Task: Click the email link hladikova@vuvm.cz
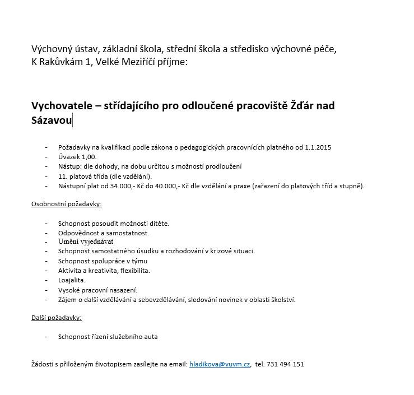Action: point(220,364)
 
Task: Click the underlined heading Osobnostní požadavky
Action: point(66,205)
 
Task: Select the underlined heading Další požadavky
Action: point(56,318)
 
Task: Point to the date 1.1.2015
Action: point(318,147)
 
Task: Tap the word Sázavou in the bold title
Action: point(51,120)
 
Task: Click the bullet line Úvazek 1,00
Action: point(77,157)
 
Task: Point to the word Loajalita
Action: point(72,280)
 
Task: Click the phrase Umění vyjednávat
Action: point(86,242)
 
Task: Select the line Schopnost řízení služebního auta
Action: point(108,337)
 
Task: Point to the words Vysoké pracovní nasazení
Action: point(97,290)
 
